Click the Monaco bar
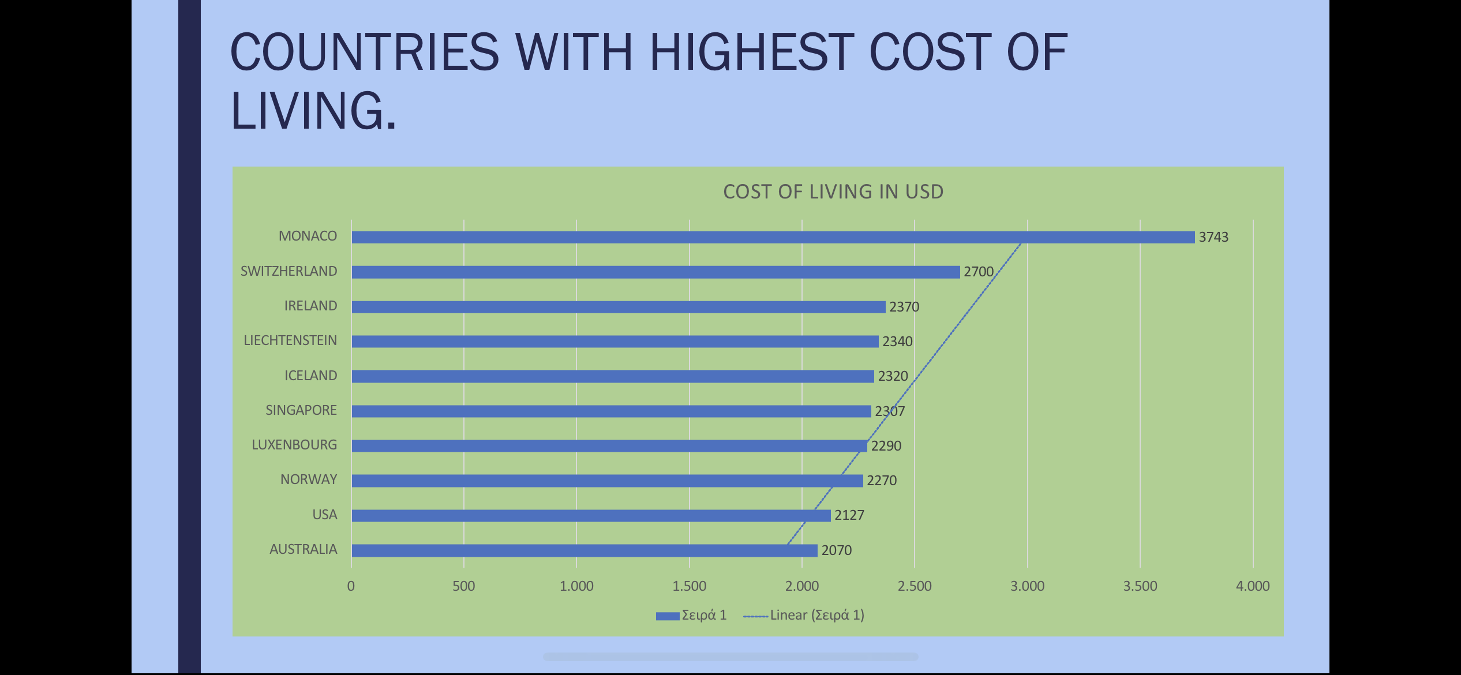pyautogui.click(x=773, y=237)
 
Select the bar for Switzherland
pyautogui.click(x=655, y=272)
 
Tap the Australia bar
pyautogui.click(x=584, y=550)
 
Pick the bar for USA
pyautogui.click(x=591, y=515)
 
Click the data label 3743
pyautogui.click(x=1213, y=237)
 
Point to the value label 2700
pyautogui.click(x=979, y=272)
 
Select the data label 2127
pyautogui.click(x=849, y=515)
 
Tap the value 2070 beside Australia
pyautogui.click(x=837, y=550)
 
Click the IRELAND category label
pyautogui.click(x=310, y=306)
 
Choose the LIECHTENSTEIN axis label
pyautogui.click(x=290, y=340)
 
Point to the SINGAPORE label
pyautogui.click(x=301, y=410)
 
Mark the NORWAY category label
pyautogui.click(x=309, y=479)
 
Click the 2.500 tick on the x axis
pyautogui.click(x=915, y=586)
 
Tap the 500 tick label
pyautogui.click(x=463, y=586)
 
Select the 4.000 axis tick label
pyautogui.click(x=1253, y=586)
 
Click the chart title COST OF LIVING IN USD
pyautogui.click(x=833, y=192)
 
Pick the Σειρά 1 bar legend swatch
pyautogui.click(x=668, y=616)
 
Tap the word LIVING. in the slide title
pyautogui.click(x=313, y=111)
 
